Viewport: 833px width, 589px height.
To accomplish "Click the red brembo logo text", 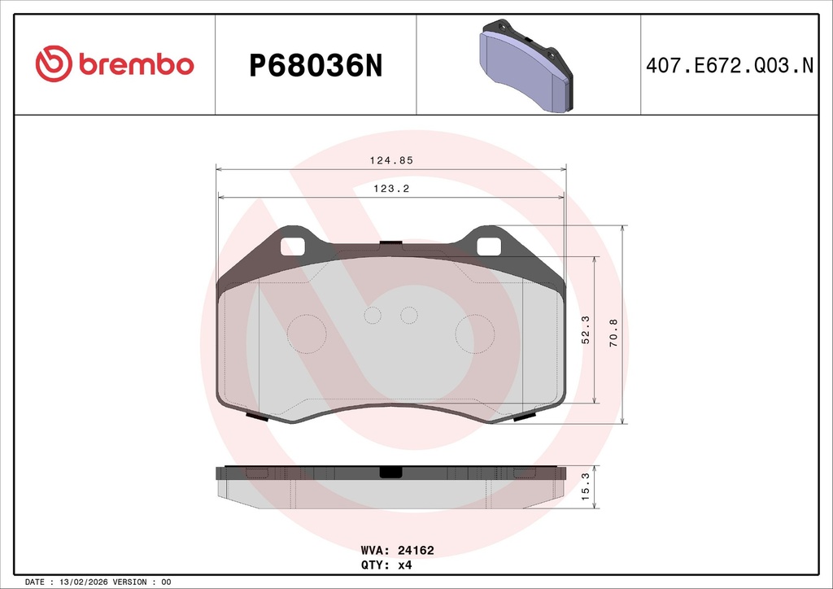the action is (x=137, y=64).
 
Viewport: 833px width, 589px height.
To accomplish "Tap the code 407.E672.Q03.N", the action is (x=730, y=65).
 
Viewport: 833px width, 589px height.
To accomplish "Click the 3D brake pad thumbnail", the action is (x=526, y=66).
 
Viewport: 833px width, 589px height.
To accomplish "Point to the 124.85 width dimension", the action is (x=391, y=160).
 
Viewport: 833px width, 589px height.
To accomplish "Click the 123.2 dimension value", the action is (x=391, y=189).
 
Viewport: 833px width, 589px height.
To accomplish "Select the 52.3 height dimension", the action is (x=586, y=329).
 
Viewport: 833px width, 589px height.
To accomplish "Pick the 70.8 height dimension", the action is (x=613, y=333).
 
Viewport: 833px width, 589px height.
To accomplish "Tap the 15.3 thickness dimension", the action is (x=586, y=487).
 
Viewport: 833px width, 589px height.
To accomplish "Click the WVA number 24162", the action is (x=416, y=550).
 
